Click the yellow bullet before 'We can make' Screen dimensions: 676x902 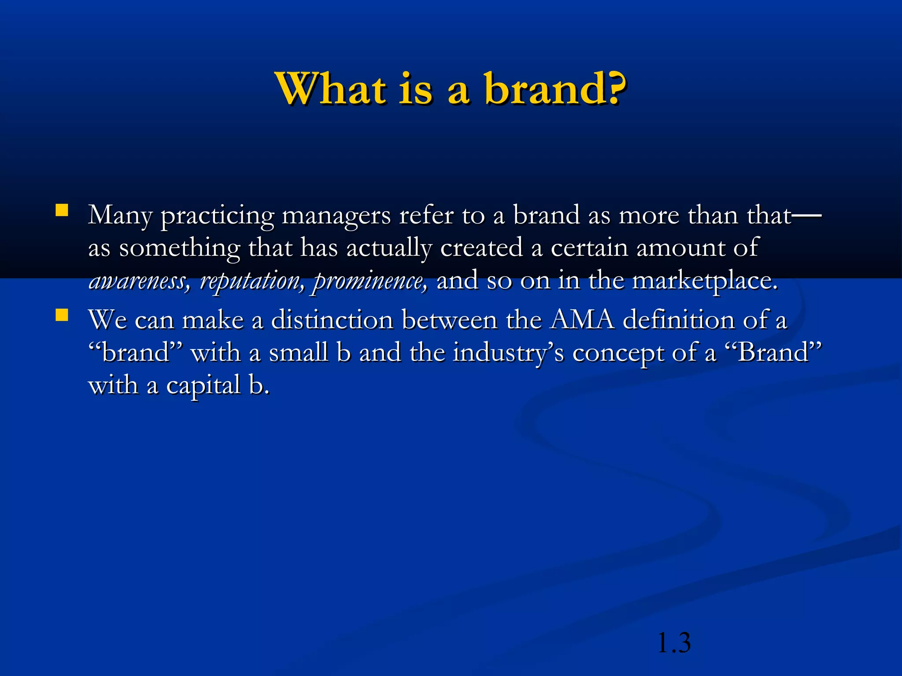click(62, 315)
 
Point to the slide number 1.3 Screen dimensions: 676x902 click(673, 643)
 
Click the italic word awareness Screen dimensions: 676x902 click(139, 281)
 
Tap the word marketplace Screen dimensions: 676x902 click(705, 281)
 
